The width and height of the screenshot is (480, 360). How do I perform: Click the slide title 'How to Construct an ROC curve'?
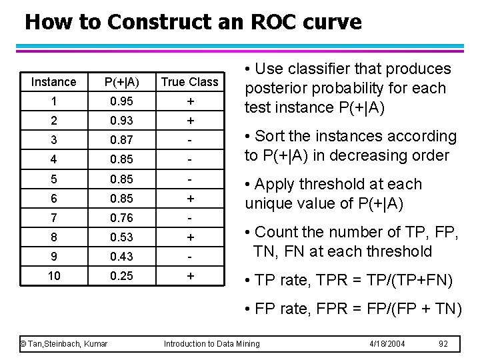tap(193, 22)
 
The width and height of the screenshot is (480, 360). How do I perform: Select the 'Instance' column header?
tap(53, 82)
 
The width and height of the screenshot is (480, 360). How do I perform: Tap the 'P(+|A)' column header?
tap(123, 82)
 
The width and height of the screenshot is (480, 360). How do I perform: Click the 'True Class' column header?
tap(190, 82)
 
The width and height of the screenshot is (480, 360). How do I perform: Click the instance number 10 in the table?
tap(53, 276)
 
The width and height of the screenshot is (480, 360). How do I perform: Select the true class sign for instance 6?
tap(190, 199)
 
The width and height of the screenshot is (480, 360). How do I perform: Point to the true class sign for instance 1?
tap(190, 101)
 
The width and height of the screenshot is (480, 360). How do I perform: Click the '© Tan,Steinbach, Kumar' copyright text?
tap(65, 343)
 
